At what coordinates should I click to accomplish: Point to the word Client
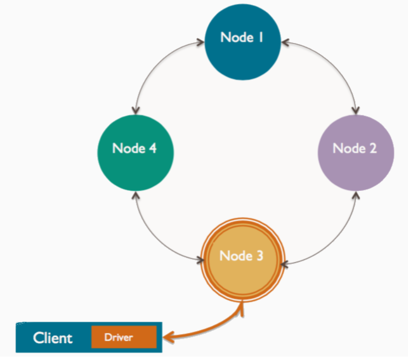click(53, 338)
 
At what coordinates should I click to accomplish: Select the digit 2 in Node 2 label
click(373, 148)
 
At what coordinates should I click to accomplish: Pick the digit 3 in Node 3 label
click(260, 256)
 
